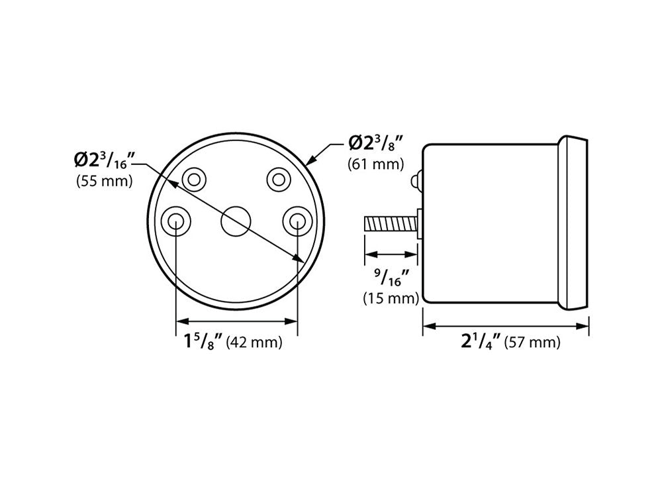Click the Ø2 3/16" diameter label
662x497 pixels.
click(x=105, y=160)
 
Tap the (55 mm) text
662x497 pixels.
click(x=105, y=182)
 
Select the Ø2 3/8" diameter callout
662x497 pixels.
click(x=374, y=143)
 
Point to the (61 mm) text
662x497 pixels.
click(x=375, y=164)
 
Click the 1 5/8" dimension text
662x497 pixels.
click(x=203, y=341)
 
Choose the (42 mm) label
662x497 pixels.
click(x=254, y=342)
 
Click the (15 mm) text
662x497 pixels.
click(x=391, y=298)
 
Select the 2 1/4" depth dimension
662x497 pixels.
click(x=481, y=341)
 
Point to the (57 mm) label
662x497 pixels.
click(x=532, y=342)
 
